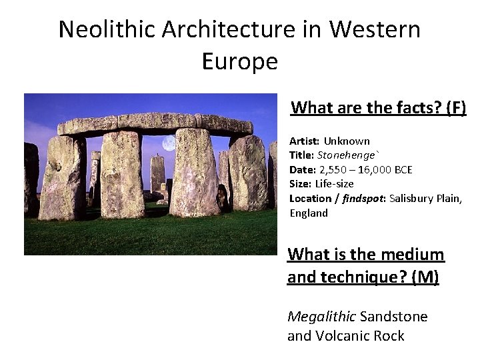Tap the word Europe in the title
pyautogui.click(x=239, y=61)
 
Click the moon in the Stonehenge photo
pyautogui.click(x=169, y=143)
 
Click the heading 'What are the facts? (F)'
pyautogui.click(x=378, y=107)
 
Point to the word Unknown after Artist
pyautogui.click(x=347, y=141)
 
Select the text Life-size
pyautogui.click(x=334, y=183)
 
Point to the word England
pyautogui.click(x=309, y=213)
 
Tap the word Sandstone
pyautogui.click(x=393, y=316)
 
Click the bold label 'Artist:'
pyautogui.click(x=304, y=141)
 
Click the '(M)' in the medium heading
pyautogui.click(x=425, y=277)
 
